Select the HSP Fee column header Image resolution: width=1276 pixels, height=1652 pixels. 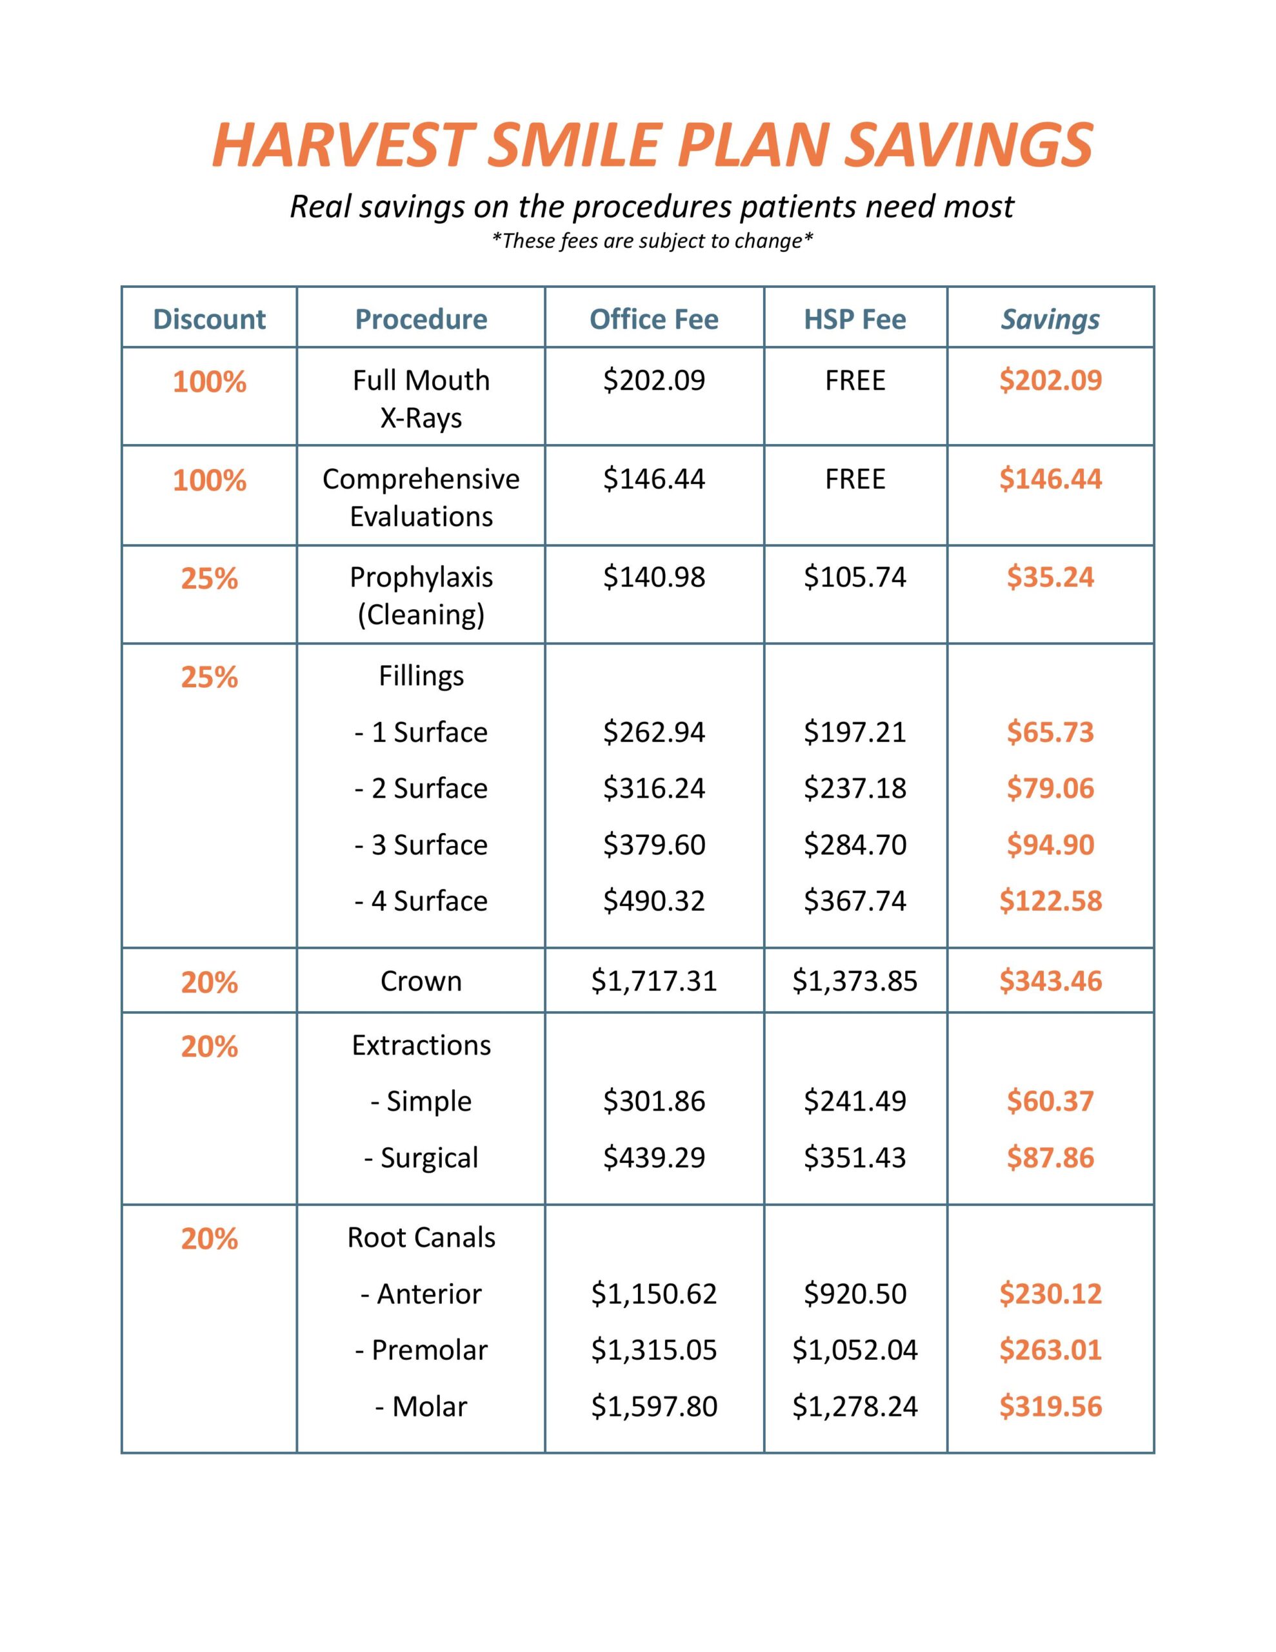(x=855, y=319)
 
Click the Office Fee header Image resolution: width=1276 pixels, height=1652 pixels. (x=653, y=319)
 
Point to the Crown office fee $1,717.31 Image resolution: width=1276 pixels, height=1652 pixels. (x=653, y=981)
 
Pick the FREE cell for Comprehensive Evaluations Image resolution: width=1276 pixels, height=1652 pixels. (x=855, y=479)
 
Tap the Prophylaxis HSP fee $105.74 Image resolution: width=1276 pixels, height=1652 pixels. (x=855, y=577)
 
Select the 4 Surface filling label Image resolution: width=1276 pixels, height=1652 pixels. (x=421, y=901)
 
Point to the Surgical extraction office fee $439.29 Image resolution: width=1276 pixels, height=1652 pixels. (x=653, y=1157)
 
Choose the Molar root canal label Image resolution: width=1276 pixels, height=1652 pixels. (x=421, y=1406)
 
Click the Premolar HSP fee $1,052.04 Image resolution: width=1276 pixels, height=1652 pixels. (x=855, y=1349)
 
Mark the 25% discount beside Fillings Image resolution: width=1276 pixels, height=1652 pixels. (x=210, y=677)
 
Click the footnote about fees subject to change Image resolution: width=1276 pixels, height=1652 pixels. (x=652, y=241)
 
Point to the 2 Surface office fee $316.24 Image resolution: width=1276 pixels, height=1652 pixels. (x=653, y=788)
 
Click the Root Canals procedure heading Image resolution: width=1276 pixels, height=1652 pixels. (x=421, y=1238)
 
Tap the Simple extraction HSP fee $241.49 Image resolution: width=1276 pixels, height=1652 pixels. (x=855, y=1102)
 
